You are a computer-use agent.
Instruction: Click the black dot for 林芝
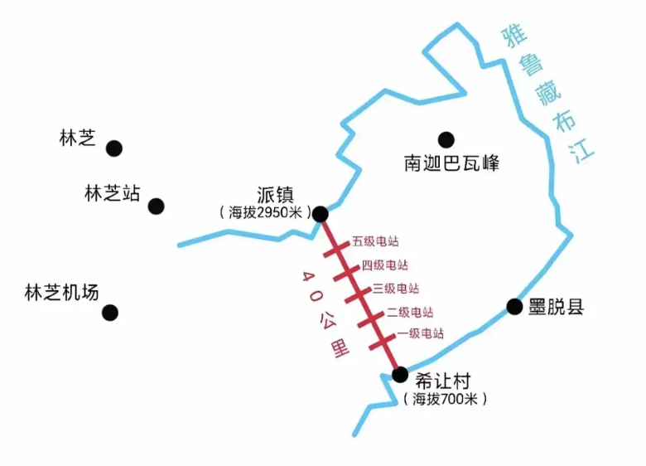tap(114, 148)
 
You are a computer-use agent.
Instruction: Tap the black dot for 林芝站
tap(157, 206)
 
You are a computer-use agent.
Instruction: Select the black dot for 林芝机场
tap(110, 313)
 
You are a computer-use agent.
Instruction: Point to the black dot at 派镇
tap(321, 214)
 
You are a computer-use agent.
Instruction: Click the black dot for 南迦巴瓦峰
tap(446, 140)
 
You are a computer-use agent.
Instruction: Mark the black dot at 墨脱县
tap(514, 307)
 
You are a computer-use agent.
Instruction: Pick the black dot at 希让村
tap(400, 375)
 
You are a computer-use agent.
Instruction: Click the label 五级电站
tap(375, 241)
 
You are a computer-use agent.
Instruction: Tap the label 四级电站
tap(385, 265)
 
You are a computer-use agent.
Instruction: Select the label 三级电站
tap(396, 289)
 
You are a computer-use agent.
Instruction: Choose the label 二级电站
tap(410, 312)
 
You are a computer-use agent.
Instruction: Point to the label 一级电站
tap(421, 333)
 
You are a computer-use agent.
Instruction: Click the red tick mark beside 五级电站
tap(336, 250)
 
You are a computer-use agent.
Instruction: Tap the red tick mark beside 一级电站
tap(382, 342)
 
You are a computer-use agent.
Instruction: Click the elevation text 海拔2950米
tap(266, 212)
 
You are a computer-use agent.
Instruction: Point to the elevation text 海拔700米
tap(446, 399)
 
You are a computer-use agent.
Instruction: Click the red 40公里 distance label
tap(325, 314)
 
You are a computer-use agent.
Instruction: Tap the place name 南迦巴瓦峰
tap(451, 163)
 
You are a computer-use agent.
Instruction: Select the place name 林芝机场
tap(62, 293)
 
